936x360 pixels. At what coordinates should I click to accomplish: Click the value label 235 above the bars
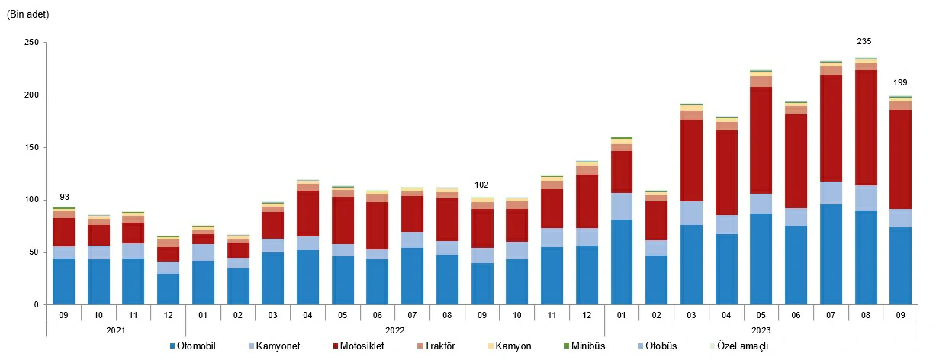point(864,42)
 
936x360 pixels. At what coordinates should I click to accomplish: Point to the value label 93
point(64,198)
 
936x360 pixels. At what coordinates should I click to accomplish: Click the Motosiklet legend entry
point(362,346)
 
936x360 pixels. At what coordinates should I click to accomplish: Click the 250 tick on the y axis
point(31,43)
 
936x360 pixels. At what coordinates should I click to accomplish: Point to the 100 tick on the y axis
point(31,200)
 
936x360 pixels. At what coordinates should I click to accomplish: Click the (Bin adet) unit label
point(28,14)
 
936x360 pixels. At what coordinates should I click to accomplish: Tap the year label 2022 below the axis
point(394,331)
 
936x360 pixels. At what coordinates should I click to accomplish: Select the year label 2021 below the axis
point(115,331)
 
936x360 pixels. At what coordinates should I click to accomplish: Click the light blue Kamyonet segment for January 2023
point(621,206)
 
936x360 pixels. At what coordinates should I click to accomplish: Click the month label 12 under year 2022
point(586,313)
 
